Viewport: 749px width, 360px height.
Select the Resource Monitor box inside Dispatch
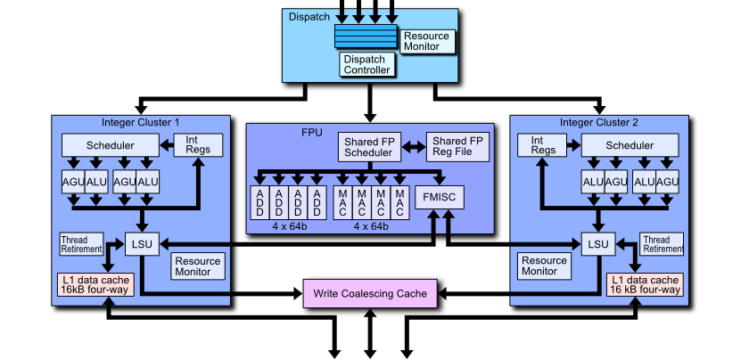coord(427,41)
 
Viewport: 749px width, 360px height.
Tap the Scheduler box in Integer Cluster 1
coord(111,145)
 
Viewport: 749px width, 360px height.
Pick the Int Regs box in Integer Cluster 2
coord(543,144)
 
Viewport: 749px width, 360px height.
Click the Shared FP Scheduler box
coord(369,147)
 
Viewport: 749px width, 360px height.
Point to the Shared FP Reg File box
coord(457,147)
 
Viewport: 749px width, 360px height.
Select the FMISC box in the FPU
coord(440,197)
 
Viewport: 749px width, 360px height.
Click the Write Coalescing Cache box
coord(371,292)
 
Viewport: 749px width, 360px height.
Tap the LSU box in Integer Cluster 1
coord(141,243)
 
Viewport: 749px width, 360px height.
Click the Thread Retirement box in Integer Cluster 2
coord(662,244)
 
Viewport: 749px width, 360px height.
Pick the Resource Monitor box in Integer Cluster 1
coord(198,266)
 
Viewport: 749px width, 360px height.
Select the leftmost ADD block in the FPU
coord(259,202)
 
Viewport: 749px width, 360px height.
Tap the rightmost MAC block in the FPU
coord(400,202)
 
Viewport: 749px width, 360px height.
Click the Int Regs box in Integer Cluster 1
coord(198,144)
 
